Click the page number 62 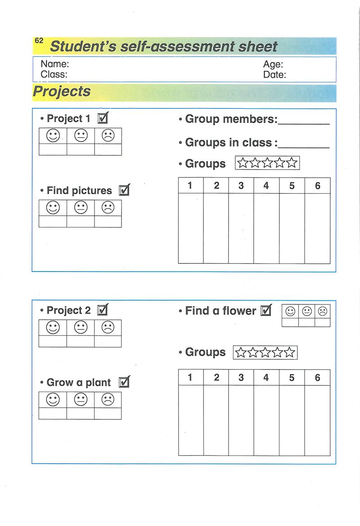[x=39, y=40]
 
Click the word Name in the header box [x=54, y=64]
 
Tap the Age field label [x=273, y=64]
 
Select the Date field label [x=274, y=75]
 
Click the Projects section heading [x=62, y=92]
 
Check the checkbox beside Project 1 [x=103, y=118]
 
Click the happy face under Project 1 [x=53, y=135]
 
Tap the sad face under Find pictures [x=108, y=207]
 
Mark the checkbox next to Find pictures [x=124, y=190]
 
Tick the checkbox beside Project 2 [x=103, y=310]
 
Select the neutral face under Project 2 [x=81, y=327]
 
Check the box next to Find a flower [x=266, y=310]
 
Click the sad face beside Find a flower [x=323, y=311]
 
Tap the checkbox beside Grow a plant [x=124, y=382]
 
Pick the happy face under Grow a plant [x=53, y=399]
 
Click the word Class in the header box [x=54, y=75]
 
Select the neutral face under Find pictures [x=81, y=207]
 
